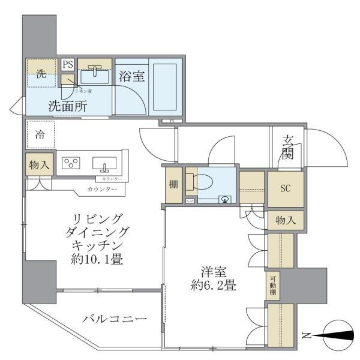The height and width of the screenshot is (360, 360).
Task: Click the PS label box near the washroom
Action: tap(67, 64)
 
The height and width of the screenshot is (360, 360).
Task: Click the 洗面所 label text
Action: tap(68, 106)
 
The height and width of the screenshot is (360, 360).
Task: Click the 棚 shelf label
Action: tap(173, 185)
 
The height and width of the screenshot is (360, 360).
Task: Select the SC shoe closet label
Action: tap(285, 189)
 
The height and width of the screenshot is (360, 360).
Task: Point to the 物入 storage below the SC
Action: tap(285, 220)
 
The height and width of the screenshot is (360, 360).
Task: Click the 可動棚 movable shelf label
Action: tap(273, 285)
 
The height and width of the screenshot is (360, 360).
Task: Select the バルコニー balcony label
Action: tap(114, 319)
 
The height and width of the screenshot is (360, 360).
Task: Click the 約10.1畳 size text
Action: tap(97, 259)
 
